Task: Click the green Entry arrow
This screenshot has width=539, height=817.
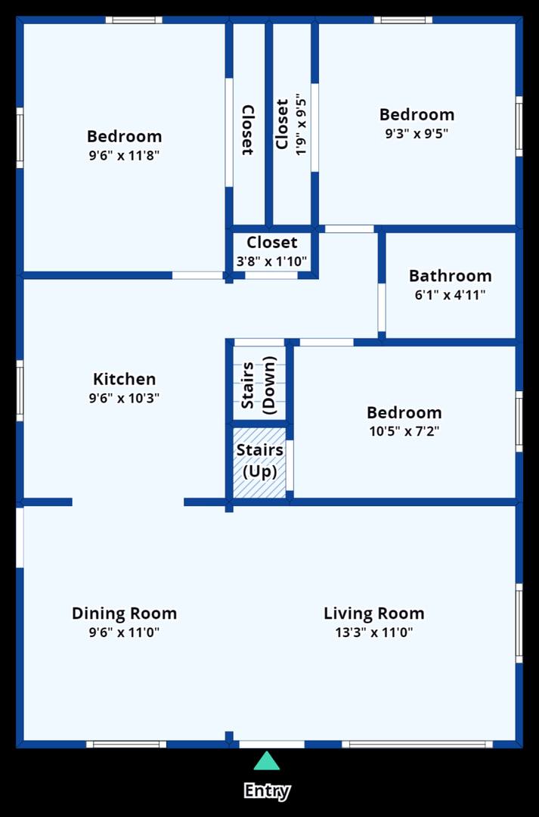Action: [x=267, y=761]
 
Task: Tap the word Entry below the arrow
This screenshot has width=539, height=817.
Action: [x=267, y=791]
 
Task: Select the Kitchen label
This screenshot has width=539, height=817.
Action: [x=125, y=379]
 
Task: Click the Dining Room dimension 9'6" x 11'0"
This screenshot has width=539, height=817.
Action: [x=124, y=632]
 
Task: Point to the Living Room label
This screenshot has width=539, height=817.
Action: [x=374, y=614]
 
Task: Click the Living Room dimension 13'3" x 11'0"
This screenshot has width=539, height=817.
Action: [x=374, y=632]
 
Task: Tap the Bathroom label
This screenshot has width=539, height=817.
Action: [x=450, y=275]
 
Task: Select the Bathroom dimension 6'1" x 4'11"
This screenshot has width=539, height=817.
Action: [x=450, y=295]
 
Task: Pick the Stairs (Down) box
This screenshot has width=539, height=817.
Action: [x=259, y=383]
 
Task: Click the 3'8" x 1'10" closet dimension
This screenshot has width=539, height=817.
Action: [x=272, y=262]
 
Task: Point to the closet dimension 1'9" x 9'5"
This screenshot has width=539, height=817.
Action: [x=301, y=125]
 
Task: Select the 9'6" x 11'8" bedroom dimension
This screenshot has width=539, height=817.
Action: [x=124, y=156]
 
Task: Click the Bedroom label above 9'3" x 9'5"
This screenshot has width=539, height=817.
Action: [x=417, y=115]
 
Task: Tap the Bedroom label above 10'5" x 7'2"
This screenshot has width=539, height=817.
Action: [x=404, y=413]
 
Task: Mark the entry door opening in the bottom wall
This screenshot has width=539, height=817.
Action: [x=271, y=744]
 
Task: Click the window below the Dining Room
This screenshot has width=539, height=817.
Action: [x=126, y=744]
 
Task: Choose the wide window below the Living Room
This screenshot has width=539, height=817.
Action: [x=417, y=744]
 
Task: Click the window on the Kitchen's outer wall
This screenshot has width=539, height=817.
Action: [x=20, y=391]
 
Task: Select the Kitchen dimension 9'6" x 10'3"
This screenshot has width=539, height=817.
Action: [x=124, y=399]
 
